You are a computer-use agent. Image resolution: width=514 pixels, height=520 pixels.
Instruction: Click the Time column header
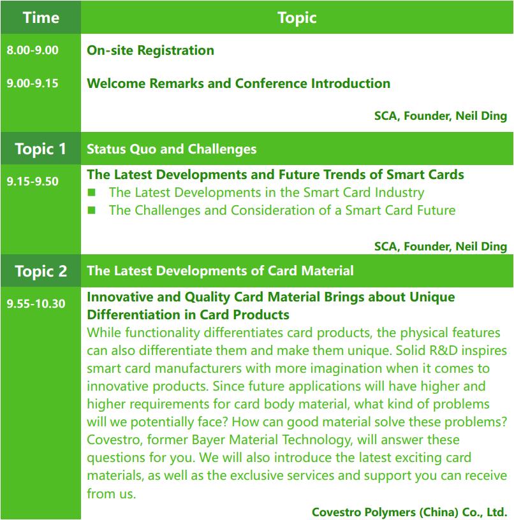[x=41, y=17]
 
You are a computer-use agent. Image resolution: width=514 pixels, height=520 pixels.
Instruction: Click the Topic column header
[x=297, y=18]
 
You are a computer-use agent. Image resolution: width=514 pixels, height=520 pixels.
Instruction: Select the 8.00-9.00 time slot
[x=33, y=50]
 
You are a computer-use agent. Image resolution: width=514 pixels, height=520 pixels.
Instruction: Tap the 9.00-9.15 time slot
[x=33, y=83]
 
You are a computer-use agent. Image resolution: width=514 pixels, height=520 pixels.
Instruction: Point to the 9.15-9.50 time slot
[x=33, y=181]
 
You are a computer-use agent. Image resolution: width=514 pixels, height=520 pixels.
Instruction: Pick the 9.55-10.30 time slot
[x=36, y=303]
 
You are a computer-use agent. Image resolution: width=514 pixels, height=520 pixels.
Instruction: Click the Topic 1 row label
[x=40, y=149]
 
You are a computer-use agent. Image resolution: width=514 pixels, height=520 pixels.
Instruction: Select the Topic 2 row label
[x=41, y=271]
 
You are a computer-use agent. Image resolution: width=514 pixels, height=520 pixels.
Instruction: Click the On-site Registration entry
[x=151, y=50]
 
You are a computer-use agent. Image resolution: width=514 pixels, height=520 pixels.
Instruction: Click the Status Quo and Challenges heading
[x=172, y=149]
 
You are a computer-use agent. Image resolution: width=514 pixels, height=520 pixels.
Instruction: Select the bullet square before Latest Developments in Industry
[x=92, y=192]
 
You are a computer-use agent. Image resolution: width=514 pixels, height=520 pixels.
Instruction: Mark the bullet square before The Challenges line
[x=92, y=210]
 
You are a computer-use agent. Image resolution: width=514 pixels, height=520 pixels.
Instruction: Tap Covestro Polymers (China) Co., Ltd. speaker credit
[x=409, y=512]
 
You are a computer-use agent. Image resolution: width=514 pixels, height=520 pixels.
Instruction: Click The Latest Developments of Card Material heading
[x=220, y=271]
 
